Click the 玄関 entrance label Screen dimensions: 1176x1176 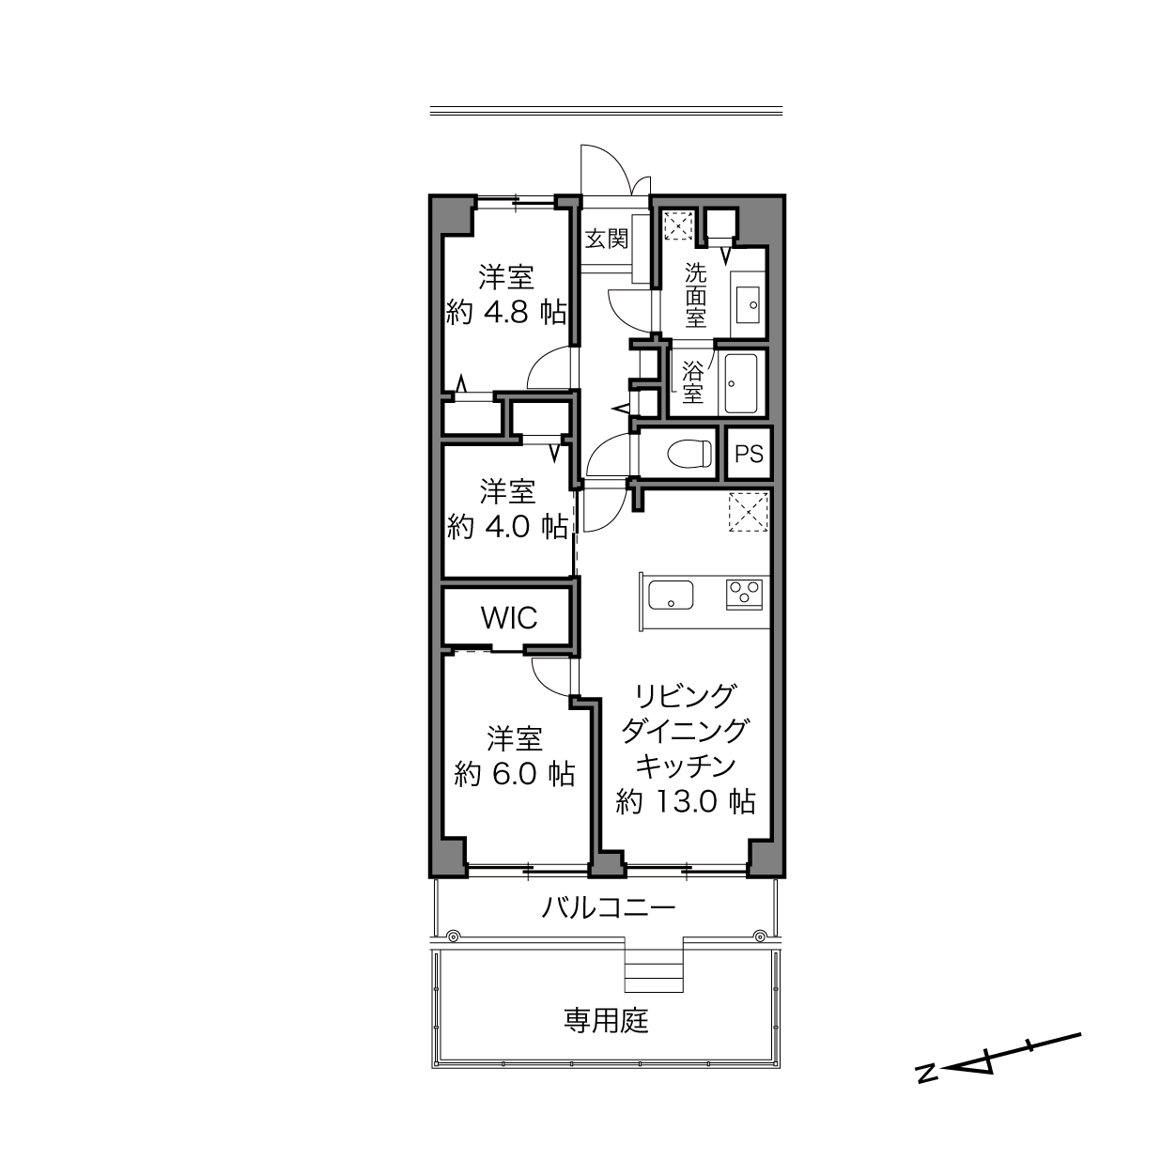(x=606, y=239)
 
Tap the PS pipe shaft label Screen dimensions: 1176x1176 (x=749, y=454)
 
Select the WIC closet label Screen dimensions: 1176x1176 (x=509, y=618)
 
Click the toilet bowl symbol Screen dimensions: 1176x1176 (x=689, y=454)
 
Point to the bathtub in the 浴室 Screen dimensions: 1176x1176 (x=741, y=383)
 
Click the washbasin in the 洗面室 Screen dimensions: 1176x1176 (x=748, y=304)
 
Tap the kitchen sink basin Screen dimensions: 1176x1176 (x=671, y=595)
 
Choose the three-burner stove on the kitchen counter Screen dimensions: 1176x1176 (x=744, y=594)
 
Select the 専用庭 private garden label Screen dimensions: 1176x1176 (x=606, y=1021)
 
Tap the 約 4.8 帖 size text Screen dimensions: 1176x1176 (x=506, y=313)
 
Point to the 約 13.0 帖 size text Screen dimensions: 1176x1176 (x=686, y=801)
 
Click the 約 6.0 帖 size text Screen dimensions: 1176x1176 (x=515, y=774)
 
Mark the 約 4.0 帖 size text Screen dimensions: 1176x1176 (x=507, y=526)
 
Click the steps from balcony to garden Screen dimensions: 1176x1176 (x=654, y=977)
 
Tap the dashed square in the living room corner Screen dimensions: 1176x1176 (x=749, y=511)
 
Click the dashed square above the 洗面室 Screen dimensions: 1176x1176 (x=678, y=225)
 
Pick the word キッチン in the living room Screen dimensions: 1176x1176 (x=686, y=766)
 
